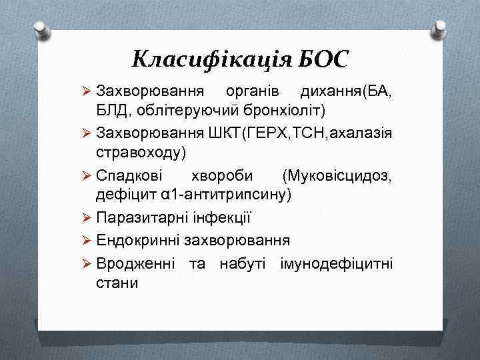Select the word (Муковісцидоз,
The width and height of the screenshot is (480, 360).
click(337, 175)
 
